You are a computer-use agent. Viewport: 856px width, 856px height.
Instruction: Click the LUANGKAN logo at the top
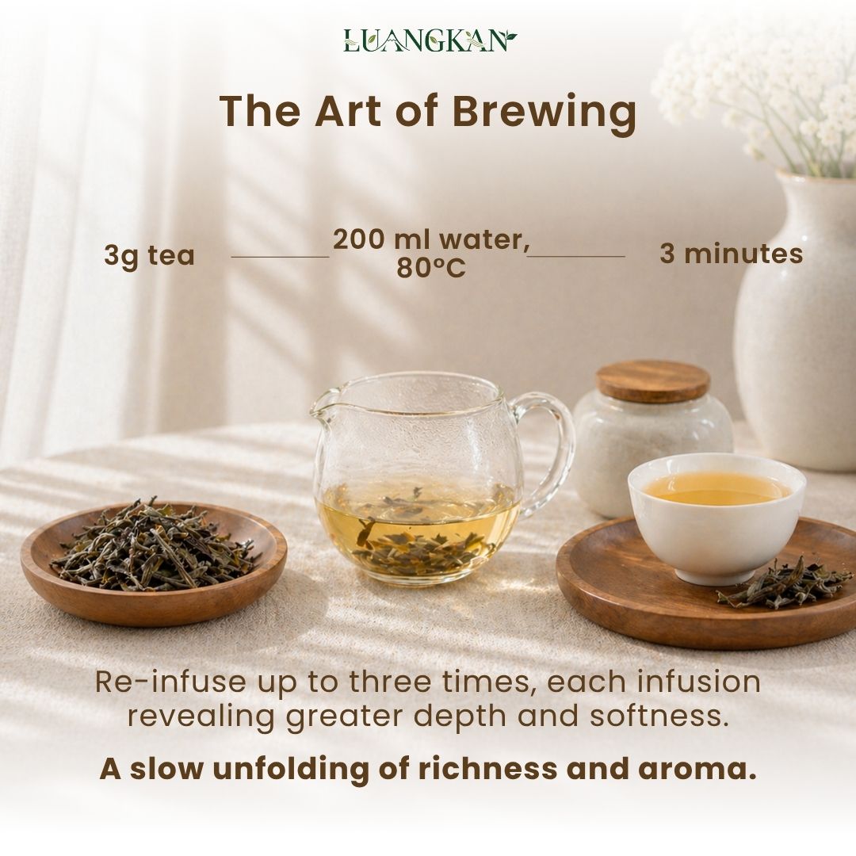click(430, 40)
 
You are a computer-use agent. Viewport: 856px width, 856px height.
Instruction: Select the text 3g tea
click(149, 255)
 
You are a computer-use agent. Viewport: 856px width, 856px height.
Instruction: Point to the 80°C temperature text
click(430, 268)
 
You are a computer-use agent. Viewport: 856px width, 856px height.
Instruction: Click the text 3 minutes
click(731, 254)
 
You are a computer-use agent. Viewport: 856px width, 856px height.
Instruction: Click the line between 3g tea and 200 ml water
click(280, 256)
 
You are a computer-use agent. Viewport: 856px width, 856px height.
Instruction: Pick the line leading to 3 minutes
click(576, 255)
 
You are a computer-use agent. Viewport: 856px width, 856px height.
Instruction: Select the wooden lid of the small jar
click(652, 380)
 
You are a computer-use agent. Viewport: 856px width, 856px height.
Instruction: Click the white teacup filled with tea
click(717, 516)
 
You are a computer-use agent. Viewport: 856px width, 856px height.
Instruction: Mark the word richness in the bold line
click(488, 768)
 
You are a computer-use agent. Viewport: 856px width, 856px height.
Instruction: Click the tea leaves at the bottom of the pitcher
click(418, 548)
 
